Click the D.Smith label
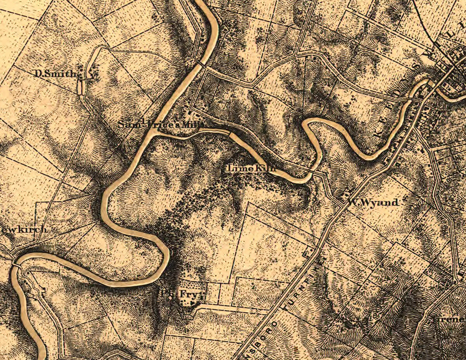click(56, 73)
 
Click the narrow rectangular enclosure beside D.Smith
click(80, 87)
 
